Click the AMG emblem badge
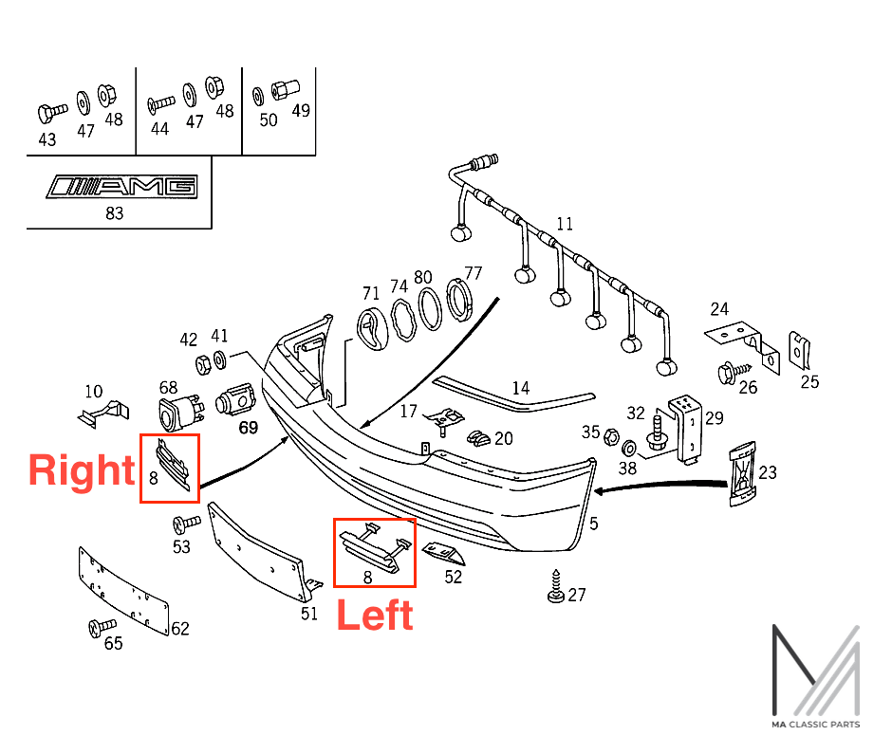122,187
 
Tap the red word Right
82,470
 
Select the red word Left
375,616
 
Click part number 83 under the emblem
114,213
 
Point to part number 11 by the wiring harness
565,224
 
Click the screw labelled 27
556,586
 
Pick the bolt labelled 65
102,627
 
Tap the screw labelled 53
187,524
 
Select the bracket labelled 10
103,414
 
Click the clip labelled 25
799,350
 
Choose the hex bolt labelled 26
734,373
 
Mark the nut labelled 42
203,364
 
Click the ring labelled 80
430,309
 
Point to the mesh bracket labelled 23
743,473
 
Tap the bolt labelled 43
52,113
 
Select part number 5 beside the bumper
593,524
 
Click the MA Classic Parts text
815,725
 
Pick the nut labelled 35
610,437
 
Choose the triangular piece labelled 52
443,553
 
